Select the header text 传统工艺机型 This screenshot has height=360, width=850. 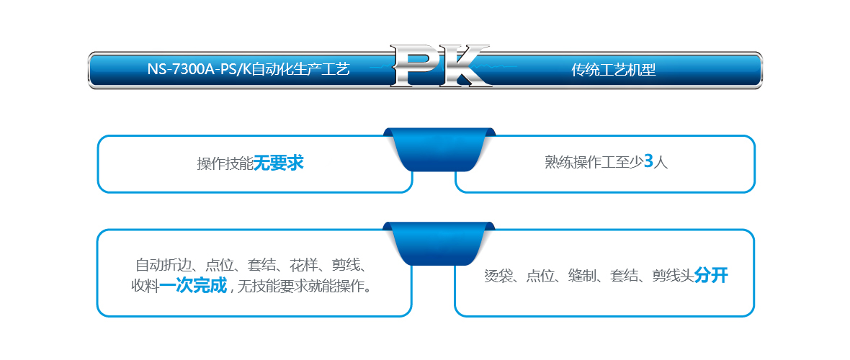pos(613,70)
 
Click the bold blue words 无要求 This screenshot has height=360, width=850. pos(279,163)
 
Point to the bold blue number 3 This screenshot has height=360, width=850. pos(648,161)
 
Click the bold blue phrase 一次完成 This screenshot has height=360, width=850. pos(193,285)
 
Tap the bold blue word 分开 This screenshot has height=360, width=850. pos(711,276)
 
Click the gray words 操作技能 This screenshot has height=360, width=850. pos(225,163)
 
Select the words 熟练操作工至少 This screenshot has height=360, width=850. pos(594,162)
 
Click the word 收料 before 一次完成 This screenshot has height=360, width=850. pos(146,286)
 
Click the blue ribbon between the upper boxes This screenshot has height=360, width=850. pos(439,149)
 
